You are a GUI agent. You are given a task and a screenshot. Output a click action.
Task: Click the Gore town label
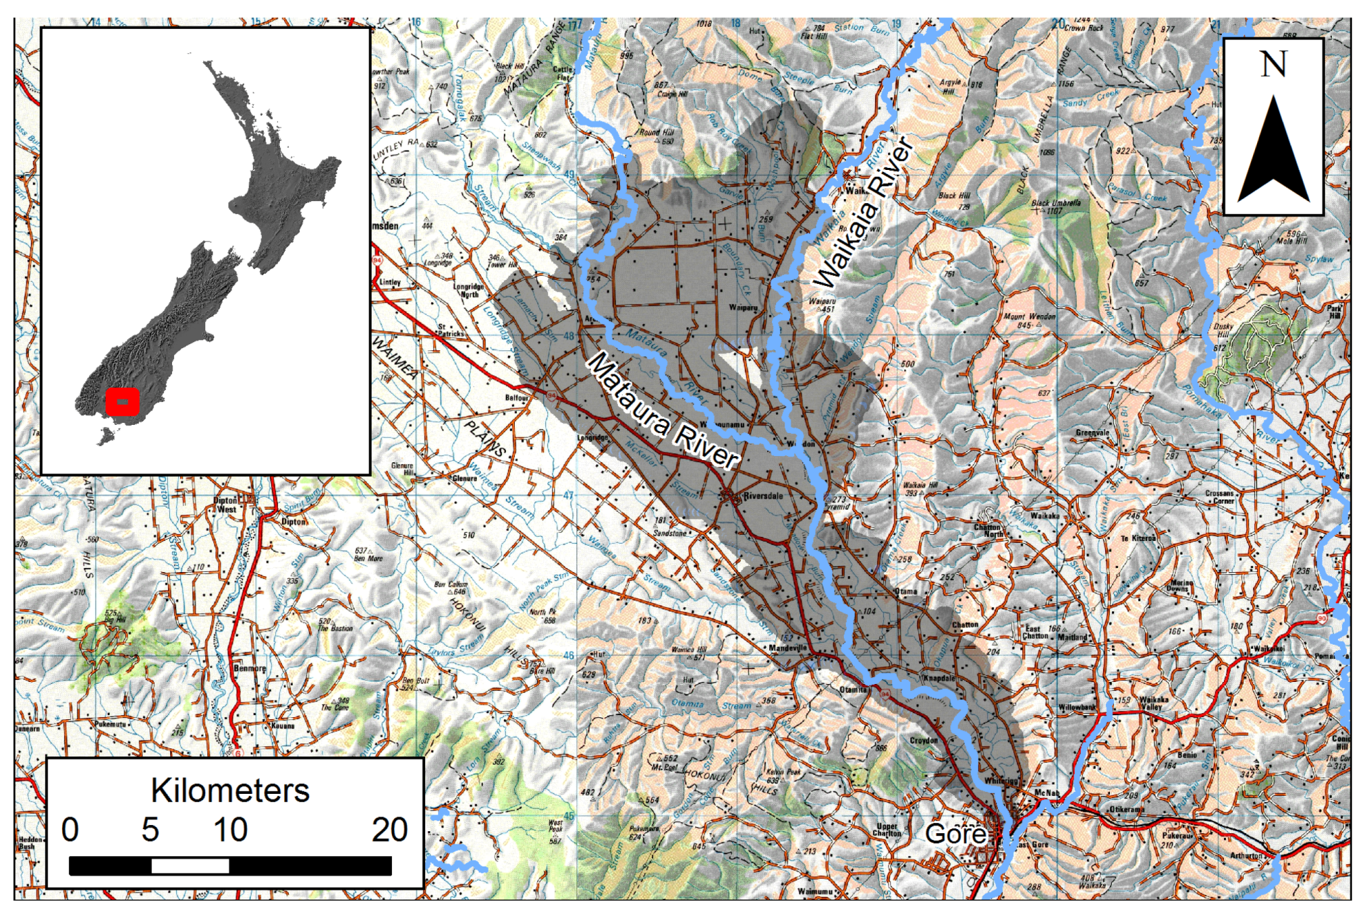pyautogui.click(x=956, y=834)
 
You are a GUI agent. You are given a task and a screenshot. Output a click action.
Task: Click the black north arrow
pyautogui.click(x=1273, y=152)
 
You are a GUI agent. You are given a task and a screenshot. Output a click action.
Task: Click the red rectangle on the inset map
pyautogui.click(x=122, y=401)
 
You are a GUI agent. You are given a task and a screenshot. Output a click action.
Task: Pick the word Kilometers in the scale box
pyautogui.click(x=229, y=790)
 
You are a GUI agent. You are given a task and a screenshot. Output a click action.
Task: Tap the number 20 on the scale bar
pyautogui.click(x=389, y=830)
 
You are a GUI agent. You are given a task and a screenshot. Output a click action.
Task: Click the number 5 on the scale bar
pyautogui.click(x=150, y=830)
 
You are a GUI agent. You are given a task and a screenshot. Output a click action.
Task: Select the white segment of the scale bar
pyautogui.click(x=190, y=866)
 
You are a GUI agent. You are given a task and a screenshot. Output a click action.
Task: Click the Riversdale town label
pyautogui.click(x=763, y=496)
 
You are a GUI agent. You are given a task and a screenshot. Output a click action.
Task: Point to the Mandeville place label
pyautogui.click(x=787, y=648)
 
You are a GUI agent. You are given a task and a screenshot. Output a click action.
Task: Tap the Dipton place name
pyautogui.click(x=293, y=522)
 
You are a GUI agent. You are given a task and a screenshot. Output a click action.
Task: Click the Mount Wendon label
pyautogui.click(x=1030, y=321)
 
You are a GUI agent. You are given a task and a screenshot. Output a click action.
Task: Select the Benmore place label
pyautogui.click(x=249, y=668)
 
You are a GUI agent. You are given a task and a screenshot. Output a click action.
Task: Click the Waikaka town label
pyautogui.click(x=1044, y=515)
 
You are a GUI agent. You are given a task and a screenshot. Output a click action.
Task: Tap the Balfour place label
pyautogui.click(x=516, y=398)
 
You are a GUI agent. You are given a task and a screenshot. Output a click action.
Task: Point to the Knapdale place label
pyautogui.click(x=939, y=678)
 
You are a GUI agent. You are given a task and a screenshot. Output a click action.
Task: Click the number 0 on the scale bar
pyautogui.click(x=70, y=830)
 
